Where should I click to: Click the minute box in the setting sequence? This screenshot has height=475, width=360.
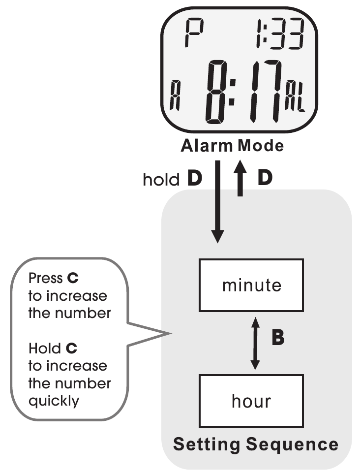tap(251, 285)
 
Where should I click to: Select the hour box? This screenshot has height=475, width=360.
tap(251, 401)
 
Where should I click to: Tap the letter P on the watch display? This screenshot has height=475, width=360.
tap(194, 32)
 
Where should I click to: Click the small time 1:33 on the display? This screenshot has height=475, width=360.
tap(279, 33)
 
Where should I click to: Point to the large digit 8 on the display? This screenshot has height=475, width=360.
tap(216, 92)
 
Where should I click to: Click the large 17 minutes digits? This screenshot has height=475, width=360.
tap(266, 91)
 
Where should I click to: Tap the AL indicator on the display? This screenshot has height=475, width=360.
tap(295, 95)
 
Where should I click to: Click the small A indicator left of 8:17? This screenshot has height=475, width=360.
tap(175, 95)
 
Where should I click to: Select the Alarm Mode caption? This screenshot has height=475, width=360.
tap(232, 146)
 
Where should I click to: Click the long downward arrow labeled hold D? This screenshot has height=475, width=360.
tap(218, 201)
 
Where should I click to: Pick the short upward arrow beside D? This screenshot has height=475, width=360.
tap(240, 178)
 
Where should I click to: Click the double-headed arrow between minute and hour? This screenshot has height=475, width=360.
tap(255, 343)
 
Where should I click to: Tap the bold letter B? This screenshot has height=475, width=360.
tap(278, 338)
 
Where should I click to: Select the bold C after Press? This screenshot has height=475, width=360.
tap(73, 278)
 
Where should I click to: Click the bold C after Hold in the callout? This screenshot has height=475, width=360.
tap(71, 348)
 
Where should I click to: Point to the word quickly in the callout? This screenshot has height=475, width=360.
tap(54, 401)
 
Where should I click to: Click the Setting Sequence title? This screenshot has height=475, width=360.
tap(256, 444)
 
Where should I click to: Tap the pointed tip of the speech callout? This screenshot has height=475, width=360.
tap(171, 334)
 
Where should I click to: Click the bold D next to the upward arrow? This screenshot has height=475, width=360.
tap(265, 178)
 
